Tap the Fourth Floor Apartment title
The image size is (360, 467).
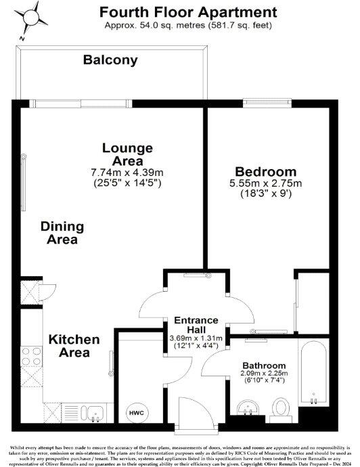point(187,12)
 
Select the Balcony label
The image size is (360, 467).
point(110,60)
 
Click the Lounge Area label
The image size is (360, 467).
point(127,154)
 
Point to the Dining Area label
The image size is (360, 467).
point(59,232)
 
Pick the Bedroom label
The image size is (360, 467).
point(265,171)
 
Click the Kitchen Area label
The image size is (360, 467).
point(74,345)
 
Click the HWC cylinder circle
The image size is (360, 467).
point(136,412)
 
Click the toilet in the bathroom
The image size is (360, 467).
point(280,407)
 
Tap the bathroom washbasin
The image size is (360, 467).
point(248,408)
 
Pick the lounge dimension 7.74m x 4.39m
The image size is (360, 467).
point(127,172)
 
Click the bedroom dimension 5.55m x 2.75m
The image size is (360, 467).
point(265,183)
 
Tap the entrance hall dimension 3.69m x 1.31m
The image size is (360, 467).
point(196,338)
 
